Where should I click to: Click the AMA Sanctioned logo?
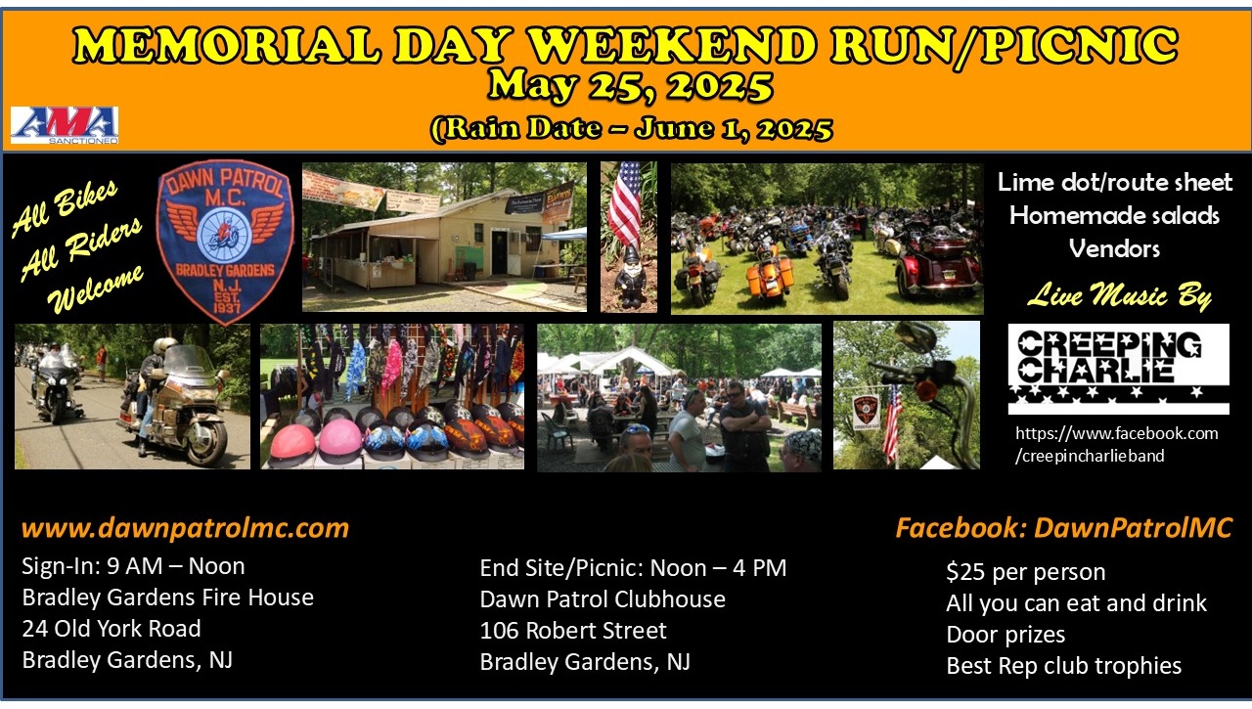tap(65, 125)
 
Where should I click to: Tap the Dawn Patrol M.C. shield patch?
tap(225, 242)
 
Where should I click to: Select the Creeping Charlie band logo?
tap(1118, 369)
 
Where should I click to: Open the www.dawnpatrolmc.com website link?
tap(185, 528)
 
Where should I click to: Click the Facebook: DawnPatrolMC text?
tap(1063, 528)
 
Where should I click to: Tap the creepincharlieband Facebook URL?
tap(1116, 444)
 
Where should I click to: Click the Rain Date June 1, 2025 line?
tap(631, 128)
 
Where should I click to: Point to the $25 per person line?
tap(1026, 571)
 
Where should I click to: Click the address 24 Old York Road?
tap(112, 629)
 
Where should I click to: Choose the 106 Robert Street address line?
tap(573, 630)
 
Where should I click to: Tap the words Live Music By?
tap(1120, 294)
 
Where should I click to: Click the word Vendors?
tap(1114, 248)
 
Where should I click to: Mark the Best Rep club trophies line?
tap(1063, 665)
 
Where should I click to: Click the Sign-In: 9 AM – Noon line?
tap(133, 566)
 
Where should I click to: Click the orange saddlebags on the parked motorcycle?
tap(770, 275)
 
